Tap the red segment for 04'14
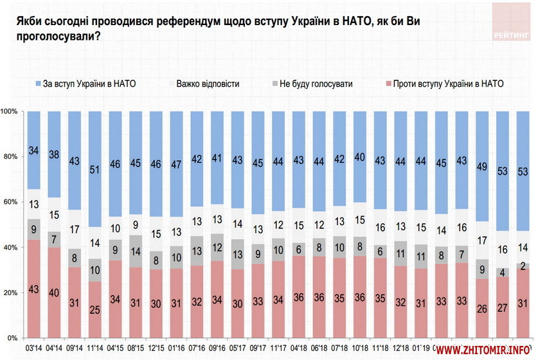tap(55, 292)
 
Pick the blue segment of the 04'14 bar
tap(55, 154)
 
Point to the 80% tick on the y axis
tap(12, 157)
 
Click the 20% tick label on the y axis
tap(12, 292)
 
